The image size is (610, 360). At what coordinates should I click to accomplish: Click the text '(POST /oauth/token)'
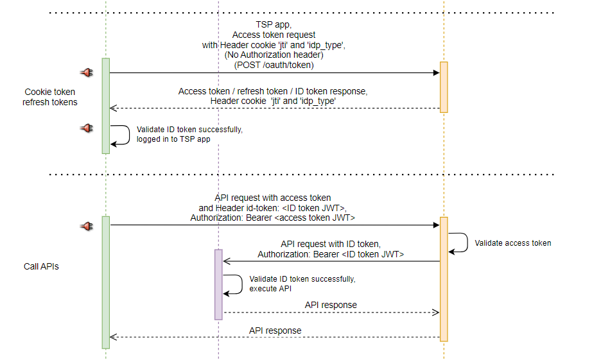coord(274,65)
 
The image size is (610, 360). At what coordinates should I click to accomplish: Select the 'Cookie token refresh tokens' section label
coord(50,97)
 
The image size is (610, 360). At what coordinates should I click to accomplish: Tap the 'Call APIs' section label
coord(41,266)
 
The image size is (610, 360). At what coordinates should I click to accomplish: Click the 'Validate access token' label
coord(512,243)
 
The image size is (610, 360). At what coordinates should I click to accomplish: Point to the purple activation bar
coord(218,284)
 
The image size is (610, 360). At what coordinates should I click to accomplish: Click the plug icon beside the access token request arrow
coord(87,73)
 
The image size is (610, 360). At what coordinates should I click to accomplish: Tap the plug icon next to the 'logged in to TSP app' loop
coord(87,128)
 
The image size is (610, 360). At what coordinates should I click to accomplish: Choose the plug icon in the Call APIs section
coord(87,225)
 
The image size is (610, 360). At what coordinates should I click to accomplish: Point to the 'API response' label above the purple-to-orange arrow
coord(331,305)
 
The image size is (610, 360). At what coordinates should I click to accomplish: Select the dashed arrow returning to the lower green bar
coord(275,337)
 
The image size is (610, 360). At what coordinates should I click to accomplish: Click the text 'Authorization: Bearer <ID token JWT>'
coord(331,254)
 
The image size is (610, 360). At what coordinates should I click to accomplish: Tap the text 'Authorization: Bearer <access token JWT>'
coord(273,218)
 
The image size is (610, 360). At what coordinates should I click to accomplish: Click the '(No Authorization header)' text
coord(274,55)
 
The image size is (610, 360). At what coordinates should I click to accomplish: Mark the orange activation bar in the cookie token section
coord(443,87)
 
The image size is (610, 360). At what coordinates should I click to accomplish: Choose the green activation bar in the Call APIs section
coord(105,282)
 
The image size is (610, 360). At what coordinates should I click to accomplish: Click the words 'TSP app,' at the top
coord(274,25)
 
